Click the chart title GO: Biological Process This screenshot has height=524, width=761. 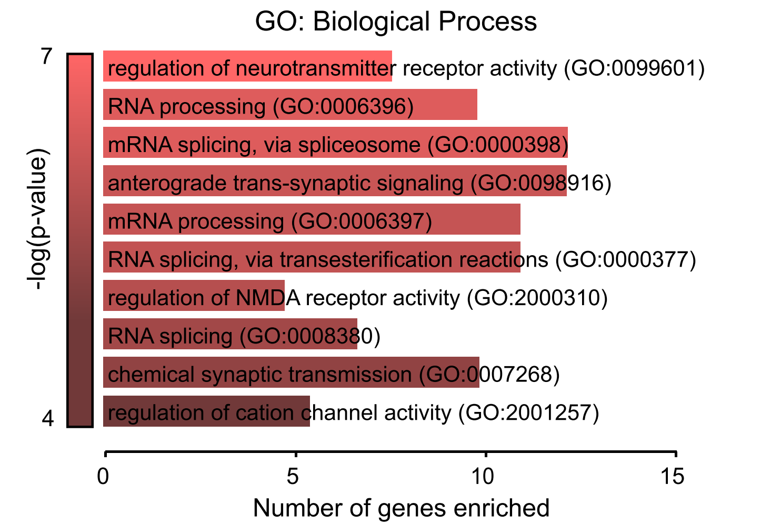click(396, 22)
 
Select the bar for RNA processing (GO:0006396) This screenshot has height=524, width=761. click(289, 105)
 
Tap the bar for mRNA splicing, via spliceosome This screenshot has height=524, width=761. click(335, 143)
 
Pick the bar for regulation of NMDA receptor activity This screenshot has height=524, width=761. click(194, 296)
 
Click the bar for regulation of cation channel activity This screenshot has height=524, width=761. click(206, 411)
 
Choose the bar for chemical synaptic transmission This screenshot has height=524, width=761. click(291, 372)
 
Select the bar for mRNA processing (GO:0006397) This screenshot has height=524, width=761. click(312, 219)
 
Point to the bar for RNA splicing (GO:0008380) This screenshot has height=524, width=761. click(230, 334)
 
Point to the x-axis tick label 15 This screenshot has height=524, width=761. click(673, 477)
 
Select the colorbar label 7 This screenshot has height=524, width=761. click(47, 56)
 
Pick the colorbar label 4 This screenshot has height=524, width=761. click(47, 419)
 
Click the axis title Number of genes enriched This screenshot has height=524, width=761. click(401, 508)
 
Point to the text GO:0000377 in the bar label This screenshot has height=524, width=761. click(626, 259)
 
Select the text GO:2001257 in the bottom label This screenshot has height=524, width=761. click(528, 412)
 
